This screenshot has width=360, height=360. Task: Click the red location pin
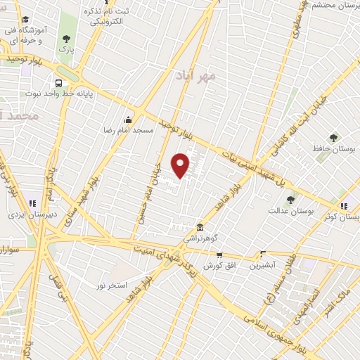coord(181,165)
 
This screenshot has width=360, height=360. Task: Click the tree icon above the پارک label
coord(67,39)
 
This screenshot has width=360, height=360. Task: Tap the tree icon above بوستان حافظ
coord(333,138)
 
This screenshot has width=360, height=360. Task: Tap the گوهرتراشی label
coord(200,239)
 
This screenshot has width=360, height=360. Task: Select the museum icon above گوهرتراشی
coord(200,228)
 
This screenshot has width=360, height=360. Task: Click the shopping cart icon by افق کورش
coord(219,255)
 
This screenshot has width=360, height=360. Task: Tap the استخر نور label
coord(111,285)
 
